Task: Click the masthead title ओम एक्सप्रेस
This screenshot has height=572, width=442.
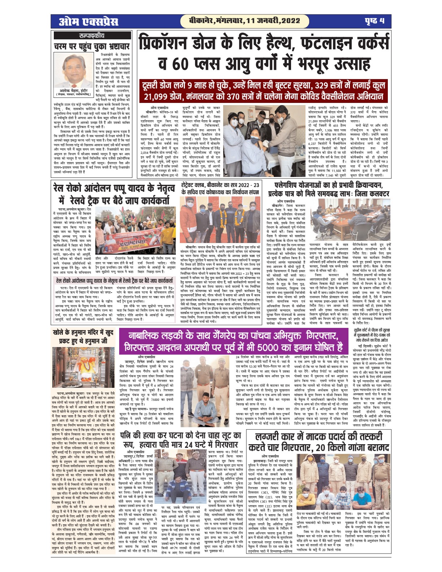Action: point(89,21)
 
